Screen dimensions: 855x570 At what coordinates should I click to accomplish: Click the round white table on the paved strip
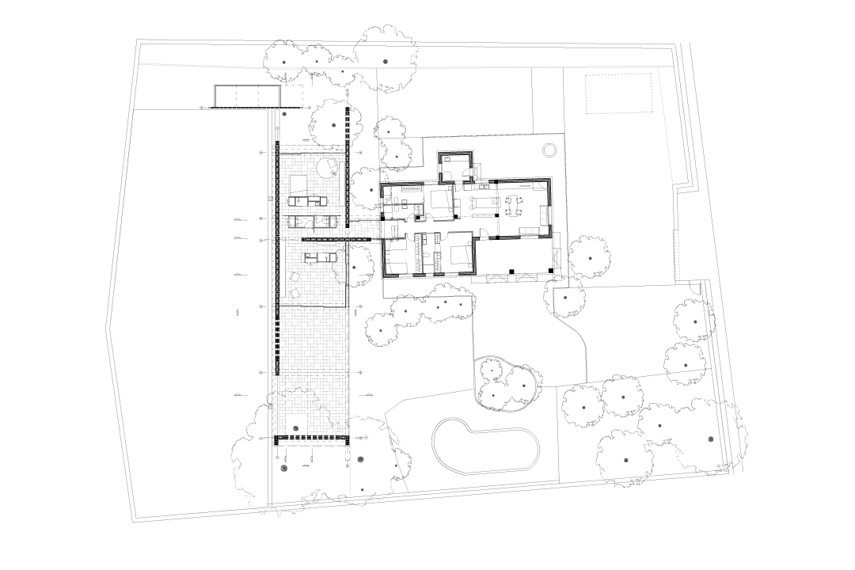click(327, 168)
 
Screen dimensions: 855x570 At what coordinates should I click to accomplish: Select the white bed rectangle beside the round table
click(298, 188)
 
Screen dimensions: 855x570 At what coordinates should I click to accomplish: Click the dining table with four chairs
click(515, 206)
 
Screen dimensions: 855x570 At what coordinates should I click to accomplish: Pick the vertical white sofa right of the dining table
click(544, 215)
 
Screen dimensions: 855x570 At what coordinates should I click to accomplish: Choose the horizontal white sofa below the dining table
click(529, 231)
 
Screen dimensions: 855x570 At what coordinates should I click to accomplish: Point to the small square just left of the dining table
click(495, 201)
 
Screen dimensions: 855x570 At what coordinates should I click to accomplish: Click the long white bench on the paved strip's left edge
click(283, 268)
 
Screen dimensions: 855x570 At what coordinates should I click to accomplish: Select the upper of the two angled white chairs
click(294, 277)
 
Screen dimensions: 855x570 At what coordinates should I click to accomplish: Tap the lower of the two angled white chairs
click(294, 294)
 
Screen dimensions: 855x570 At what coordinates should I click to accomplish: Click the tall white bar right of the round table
click(342, 184)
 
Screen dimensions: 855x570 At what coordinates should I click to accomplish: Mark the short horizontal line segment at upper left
click(256, 108)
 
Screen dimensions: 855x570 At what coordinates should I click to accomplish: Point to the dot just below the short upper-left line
click(284, 114)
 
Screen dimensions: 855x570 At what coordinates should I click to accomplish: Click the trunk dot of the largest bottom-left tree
click(283, 468)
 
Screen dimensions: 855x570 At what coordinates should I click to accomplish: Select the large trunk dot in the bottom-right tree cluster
click(711, 439)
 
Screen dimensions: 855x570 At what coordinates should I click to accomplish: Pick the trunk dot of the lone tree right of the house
click(590, 257)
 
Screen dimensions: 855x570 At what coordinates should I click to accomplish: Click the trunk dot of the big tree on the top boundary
click(386, 61)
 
